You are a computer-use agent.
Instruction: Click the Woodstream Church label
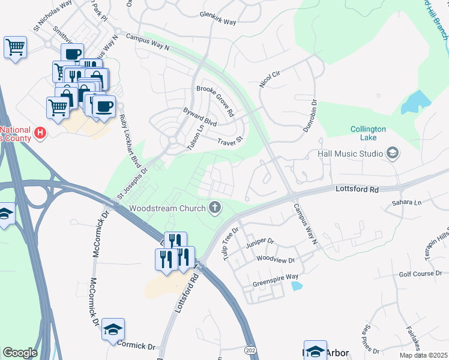point(166,208)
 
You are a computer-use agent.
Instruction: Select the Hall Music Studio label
point(350,154)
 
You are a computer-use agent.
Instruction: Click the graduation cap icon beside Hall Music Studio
point(393,154)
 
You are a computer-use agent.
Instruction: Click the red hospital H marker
point(40,132)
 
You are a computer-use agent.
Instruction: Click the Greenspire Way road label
point(275,277)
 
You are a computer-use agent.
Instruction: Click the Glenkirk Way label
point(217,19)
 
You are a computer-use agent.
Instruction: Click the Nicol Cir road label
point(270,77)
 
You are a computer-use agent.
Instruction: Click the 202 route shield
point(251,349)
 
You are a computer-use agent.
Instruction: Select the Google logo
point(20,353)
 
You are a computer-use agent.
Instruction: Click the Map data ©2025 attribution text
point(423,355)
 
